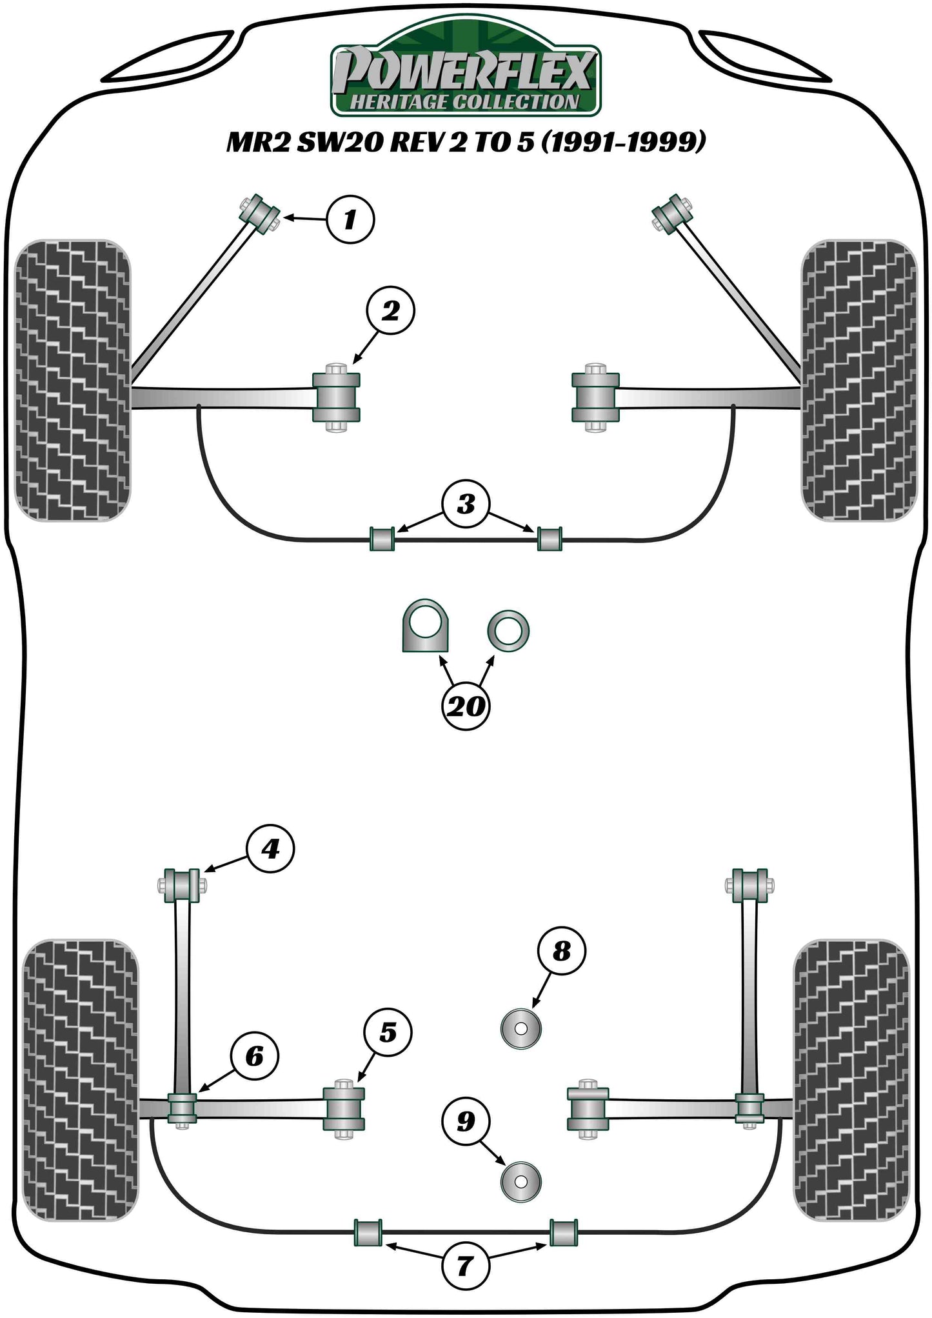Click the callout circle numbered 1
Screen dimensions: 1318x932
350,219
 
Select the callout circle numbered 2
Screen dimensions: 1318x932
390,311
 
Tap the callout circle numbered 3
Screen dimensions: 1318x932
466,504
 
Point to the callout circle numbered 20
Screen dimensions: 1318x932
465,706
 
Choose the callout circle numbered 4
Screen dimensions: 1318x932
270,849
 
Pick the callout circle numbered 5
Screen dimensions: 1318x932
388,1033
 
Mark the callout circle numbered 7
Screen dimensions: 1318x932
464,1266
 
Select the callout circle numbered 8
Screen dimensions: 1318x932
562,951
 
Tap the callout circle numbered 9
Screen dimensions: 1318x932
466,1121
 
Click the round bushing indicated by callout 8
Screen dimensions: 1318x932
521,1029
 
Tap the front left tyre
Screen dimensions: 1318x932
72,381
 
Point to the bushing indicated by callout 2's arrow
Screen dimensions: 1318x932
336,397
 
